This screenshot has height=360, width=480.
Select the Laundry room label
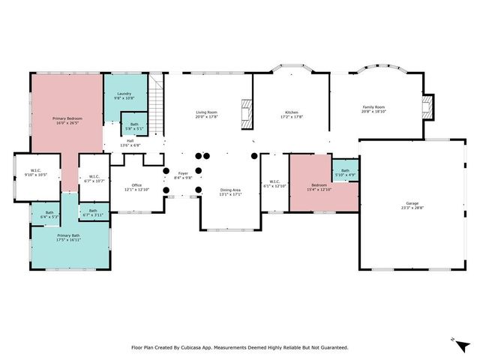[124, 94]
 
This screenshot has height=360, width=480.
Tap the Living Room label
[205, 112]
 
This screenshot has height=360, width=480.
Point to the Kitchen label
[291, 112]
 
